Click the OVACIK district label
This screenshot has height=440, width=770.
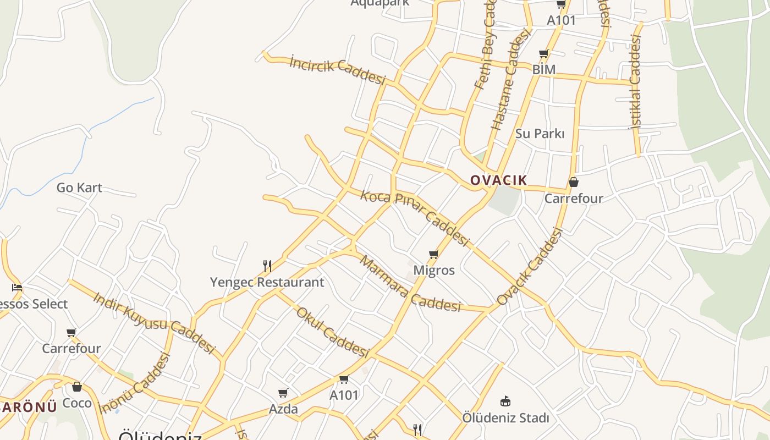click(x=498, y=180)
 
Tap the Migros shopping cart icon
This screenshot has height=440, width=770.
click(x=433, y=254)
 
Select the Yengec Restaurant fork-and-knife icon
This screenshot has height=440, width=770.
click(x=267, y=266)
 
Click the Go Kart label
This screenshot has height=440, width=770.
click(x=79, y=188)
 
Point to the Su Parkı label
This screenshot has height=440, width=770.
click(x=540, y=134)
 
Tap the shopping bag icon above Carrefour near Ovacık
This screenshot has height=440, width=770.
click(x=574, y=182)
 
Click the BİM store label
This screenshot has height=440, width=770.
click(x=543, y=69)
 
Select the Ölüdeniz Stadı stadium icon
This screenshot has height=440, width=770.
click(x=505, y=401)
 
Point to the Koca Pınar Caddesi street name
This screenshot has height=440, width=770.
click(x=415, y=218)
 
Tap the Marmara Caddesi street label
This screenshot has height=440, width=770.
click(x=410, y=284)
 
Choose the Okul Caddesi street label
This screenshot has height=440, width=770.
click(x=332, y=332)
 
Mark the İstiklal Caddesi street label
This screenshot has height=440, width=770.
click(x=635, y=82)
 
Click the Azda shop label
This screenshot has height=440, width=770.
click(x=283, y=409)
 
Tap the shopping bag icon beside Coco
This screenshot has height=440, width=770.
click(x=77, y=387)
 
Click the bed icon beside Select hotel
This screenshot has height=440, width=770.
click(x=17, y=287)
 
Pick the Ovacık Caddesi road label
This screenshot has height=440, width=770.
click(x=530, y=267)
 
